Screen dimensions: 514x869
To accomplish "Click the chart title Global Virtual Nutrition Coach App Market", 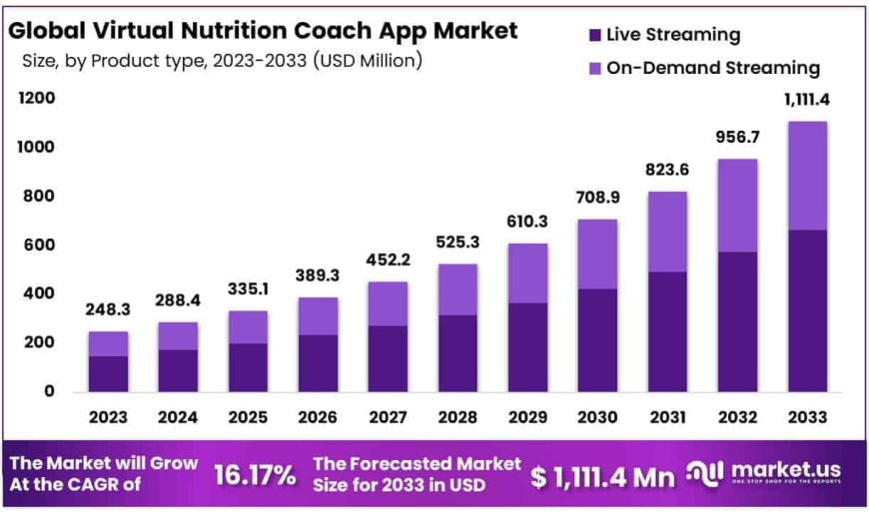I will [x=263, y=30].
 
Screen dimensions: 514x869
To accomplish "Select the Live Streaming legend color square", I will [x=595, y=35].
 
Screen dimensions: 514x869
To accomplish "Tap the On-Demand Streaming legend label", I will [x=713, y=68].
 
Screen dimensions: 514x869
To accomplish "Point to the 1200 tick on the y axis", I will [x=35, y=99].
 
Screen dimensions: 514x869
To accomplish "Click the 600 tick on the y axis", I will [x=35, y=245].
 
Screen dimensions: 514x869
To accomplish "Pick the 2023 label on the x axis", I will [x=108, y=417].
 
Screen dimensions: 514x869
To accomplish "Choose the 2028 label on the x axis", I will [x=457, y=417].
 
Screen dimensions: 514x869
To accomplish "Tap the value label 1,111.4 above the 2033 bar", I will [x=807, y=100].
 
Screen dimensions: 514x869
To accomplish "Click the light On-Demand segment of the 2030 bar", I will [x=597, y=254].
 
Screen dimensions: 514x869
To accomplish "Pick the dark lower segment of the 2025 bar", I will [x=248, y=367].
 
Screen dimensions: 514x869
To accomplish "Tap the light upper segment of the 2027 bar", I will [x=388, y=303].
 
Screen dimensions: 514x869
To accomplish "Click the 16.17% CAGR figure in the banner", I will [x=255, y=476].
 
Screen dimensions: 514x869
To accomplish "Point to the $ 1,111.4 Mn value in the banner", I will [x=602, y=477].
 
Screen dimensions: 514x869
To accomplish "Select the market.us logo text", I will [x=785, y=469].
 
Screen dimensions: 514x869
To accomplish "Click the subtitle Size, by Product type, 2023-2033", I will [x=222, y=61].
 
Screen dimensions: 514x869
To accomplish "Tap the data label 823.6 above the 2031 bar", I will [x=667, y=171].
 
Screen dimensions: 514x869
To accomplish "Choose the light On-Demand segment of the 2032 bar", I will [x=737, y=206].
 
